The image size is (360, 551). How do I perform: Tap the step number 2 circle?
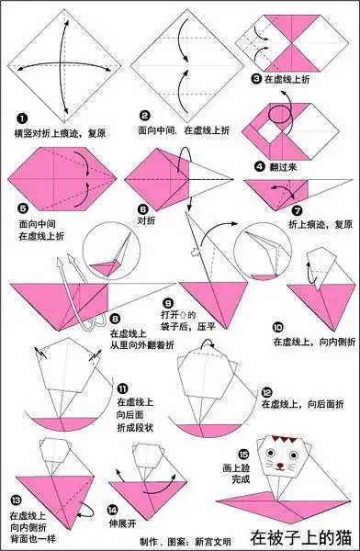tap(144, 116)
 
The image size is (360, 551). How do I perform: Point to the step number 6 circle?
tap(143, 208)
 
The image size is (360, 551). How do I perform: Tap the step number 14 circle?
tap(112, 510)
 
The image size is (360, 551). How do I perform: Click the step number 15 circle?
tap(242, 455)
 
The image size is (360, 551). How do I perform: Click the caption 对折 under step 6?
tap(148, 221)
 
